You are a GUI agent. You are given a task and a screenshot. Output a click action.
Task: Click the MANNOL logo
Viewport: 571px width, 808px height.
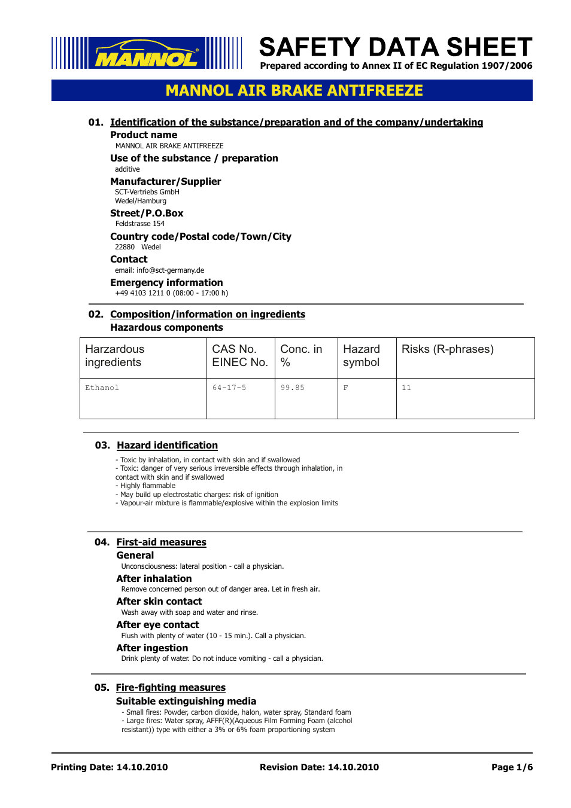pos(147,53)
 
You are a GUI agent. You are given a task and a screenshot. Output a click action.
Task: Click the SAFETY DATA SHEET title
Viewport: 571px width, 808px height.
pos(395,47)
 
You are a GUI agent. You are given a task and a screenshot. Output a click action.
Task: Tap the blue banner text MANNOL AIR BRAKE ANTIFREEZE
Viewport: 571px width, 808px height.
pos(294,90)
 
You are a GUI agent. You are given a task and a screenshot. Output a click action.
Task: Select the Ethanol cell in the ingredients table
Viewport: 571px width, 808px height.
pos(102,388)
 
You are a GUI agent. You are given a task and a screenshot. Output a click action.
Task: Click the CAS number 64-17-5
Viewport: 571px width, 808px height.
pos(229,388)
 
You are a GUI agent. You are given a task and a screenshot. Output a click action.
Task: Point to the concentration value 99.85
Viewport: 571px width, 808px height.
pos(293,388)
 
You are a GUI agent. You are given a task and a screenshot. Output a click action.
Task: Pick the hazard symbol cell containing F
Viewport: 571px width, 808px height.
pos(345,388)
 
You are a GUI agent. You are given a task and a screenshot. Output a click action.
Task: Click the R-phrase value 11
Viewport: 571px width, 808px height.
pos(406,388)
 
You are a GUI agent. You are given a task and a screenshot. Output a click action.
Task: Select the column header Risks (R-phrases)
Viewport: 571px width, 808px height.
pos(447,349)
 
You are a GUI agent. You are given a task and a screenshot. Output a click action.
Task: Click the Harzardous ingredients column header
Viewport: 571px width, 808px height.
pos(115,356)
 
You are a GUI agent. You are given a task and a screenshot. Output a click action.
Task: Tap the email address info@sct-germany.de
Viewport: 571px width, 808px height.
pos(170,270)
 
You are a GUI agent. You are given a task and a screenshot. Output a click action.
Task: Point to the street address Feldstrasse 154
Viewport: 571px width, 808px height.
pos(140,224)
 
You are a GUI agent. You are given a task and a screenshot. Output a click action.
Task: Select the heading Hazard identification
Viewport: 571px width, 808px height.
pos(167,446)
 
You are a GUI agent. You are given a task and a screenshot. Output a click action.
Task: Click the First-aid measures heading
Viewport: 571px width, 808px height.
pos(161,542)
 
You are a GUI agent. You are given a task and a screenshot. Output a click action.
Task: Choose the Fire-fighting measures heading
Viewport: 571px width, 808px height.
pos(171,688)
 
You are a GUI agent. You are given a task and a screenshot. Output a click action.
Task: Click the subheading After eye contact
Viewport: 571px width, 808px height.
pos(157,625)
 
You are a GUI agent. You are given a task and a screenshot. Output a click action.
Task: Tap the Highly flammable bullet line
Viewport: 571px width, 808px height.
pos(147,486)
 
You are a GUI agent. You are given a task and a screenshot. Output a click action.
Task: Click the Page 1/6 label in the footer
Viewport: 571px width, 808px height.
pos(512,767)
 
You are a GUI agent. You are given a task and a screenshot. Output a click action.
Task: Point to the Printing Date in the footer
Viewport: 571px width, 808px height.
pos(110,767)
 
